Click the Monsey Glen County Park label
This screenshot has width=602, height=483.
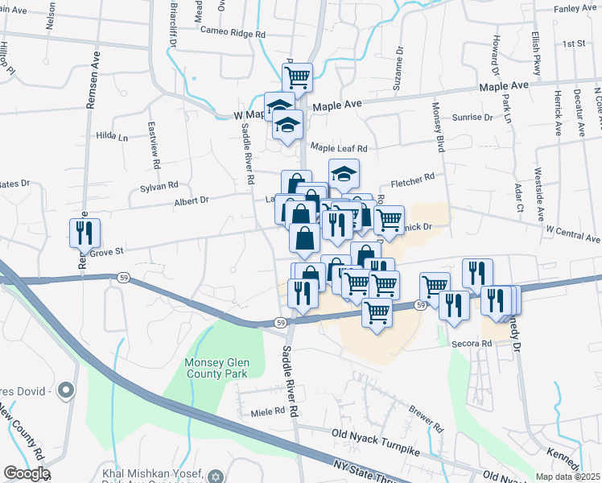tap(217, 367)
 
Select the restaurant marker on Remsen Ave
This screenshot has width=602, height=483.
tap(85, 233)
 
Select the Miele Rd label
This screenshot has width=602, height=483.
tap(269, 411)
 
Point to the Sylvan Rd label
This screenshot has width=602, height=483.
tap(158, 185)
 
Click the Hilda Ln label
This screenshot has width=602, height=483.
tap(112, 138)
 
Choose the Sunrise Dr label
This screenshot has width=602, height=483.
tap(472, 118)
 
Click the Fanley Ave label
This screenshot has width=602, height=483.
tap(575, 9)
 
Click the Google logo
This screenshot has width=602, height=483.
tap(26, 473)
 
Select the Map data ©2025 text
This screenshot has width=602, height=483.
tap(567, 477)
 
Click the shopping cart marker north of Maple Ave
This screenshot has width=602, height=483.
tap(298, 77)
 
